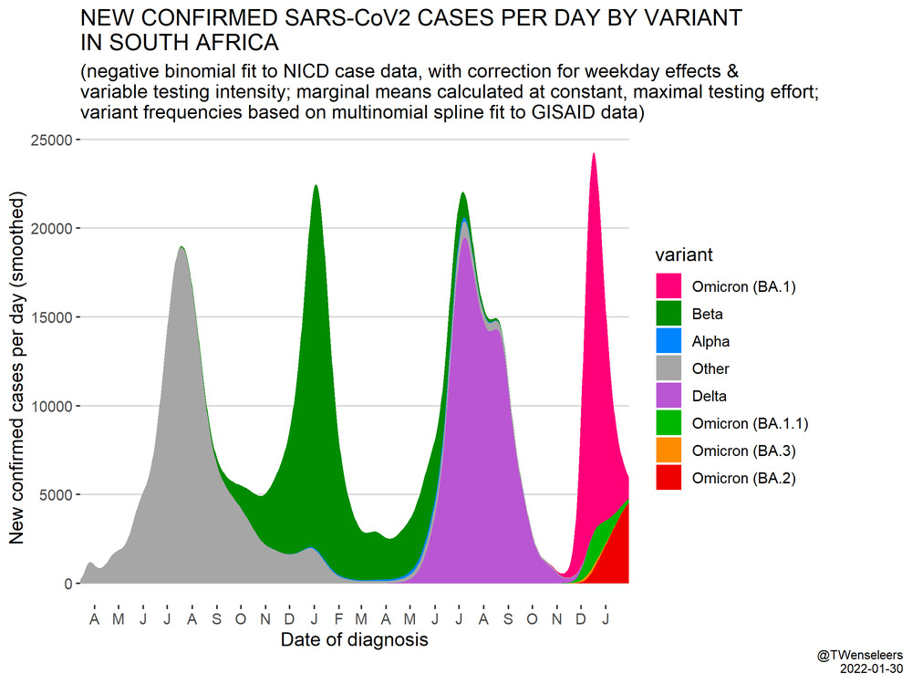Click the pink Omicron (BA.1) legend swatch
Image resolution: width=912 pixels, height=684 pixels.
pos(670,286)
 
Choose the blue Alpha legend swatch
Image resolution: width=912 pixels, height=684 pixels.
pos(670,341)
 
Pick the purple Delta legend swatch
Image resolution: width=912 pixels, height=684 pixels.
pos(670,396)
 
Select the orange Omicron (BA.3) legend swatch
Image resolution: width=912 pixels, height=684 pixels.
pos(670,451)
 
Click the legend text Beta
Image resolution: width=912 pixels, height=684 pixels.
pos(707,314)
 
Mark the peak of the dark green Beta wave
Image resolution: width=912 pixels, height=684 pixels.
pos(316,187)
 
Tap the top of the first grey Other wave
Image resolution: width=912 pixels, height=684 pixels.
pos(181,248)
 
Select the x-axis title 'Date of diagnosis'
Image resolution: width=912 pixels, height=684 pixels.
pos(354,640)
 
